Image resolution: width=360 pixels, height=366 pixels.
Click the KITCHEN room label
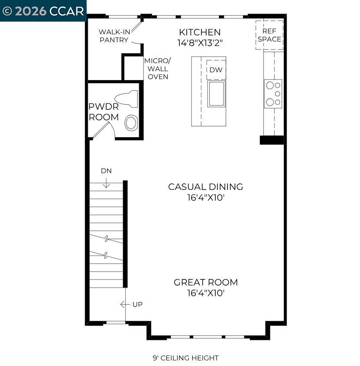200,32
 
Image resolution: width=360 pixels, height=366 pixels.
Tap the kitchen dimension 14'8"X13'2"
200,43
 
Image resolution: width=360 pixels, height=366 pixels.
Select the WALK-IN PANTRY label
114,36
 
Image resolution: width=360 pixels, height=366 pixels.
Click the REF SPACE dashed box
269,35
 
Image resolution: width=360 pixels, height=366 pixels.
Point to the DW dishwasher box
216,70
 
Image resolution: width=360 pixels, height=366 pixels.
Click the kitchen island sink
216,93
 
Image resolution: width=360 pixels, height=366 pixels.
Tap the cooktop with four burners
273,94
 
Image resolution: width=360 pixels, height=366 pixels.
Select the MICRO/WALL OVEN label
158,68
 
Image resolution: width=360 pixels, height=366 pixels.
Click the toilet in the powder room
127,99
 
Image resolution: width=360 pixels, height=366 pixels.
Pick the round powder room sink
131,123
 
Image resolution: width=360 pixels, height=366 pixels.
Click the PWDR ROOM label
104,112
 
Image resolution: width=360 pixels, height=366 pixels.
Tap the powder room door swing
103,129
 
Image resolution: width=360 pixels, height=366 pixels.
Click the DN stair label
106,171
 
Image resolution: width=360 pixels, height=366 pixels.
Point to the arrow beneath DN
106,183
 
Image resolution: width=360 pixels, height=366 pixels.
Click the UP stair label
137,305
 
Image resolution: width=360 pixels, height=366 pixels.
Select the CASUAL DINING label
205,187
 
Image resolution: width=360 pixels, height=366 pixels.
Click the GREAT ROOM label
206,283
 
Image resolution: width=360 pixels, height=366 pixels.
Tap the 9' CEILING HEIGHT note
185,358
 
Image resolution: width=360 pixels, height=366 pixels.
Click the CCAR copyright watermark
43,11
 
